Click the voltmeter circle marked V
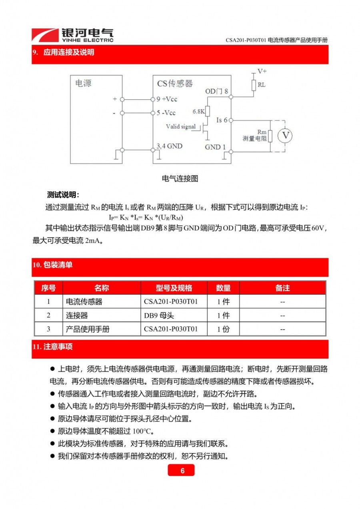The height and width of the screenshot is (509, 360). point(285,136)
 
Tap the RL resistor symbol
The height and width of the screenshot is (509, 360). point(254,85)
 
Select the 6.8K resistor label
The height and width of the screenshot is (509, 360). point(198,111)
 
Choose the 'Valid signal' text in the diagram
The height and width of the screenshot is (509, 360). point(181,126)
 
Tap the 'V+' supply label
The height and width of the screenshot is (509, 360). point(262,71)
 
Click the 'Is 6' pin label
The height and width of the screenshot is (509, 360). point(222,120)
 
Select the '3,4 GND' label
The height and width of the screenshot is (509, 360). point(169,146)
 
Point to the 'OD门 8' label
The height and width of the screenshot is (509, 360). point(216,91)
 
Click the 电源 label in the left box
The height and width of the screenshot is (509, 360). point(83,84)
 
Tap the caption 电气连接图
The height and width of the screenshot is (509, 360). point(180,179)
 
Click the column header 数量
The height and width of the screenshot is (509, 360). point(223,288)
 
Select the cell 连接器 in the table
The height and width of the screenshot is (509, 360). point(77,315)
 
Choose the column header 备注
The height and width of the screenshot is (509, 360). point(282,288)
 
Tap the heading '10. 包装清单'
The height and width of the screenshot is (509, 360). point(53,265)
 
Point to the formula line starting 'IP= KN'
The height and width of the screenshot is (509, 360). point(146,218)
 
